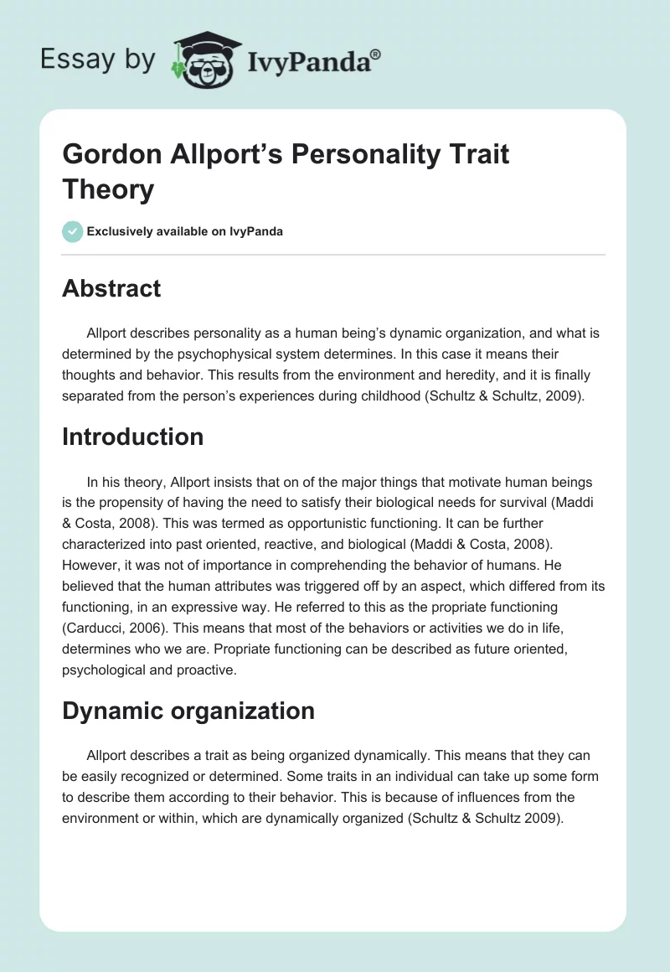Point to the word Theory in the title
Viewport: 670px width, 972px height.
click(108, 189)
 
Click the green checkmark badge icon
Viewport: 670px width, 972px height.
click(73, 231)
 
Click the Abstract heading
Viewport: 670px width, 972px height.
click(111, 288)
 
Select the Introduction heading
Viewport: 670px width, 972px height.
click(132, 437)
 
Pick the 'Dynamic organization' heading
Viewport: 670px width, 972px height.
click(188, 711)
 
